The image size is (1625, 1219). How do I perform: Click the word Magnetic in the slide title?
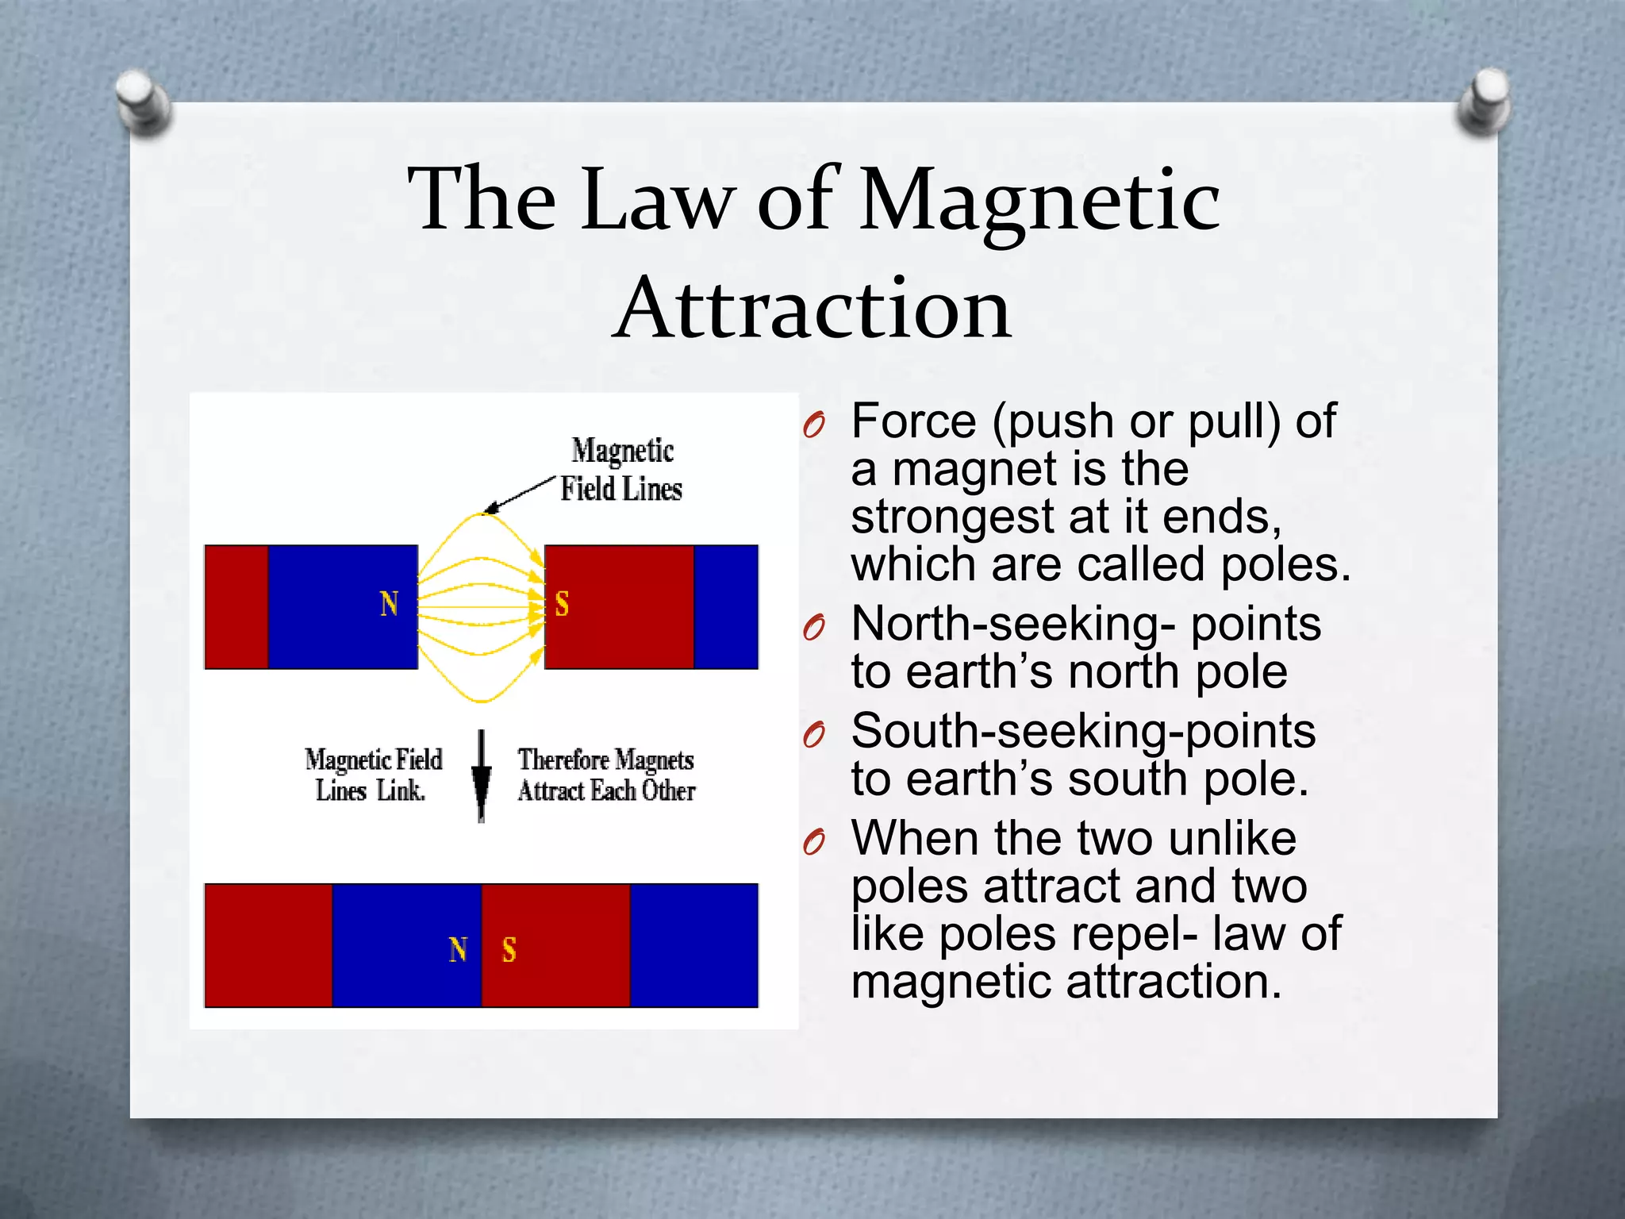pyautogui.click(x=1039, y=202)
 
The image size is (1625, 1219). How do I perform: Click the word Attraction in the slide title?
pyautogui.click(x=812, y=310)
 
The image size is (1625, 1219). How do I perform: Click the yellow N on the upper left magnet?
pyautogui.click(x=389, y=605)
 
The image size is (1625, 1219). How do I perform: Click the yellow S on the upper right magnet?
pyautogui.click(x=562, y=605)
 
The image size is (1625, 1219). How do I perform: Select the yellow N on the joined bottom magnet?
pyautogui.click(x=458, y=950)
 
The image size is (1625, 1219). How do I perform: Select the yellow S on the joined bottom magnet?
pyautogui.click(x=509, y=950)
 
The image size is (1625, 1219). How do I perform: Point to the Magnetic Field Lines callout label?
pyautogui.click(x=621, y=470)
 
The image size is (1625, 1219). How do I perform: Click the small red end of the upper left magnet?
pyautogui.click(x=236, y=607)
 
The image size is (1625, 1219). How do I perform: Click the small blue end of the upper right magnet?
pyautogui.click(x=726, y=607)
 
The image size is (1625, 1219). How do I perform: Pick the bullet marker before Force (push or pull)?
pyautogui.click(x=814, y=426)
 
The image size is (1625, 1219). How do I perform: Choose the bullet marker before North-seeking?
pyautogui.click(x=814, y=629)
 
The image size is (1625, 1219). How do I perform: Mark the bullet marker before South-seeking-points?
pyautogui.click(x=814, y=736)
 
